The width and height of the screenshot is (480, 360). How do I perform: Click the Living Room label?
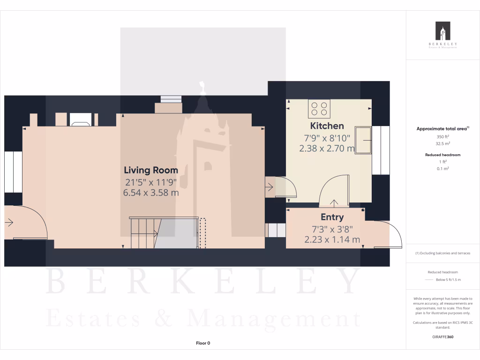click(x=150, y=170)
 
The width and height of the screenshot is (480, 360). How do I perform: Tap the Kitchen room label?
click(x=327, y=126)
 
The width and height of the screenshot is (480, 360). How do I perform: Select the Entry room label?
click(x=332, y=217)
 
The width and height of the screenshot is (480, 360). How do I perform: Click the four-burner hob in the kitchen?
click(x=319, y=109)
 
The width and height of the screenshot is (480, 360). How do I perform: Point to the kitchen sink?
click(x=364, y=140)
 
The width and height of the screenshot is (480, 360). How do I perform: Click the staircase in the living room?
click(x=144, y=232)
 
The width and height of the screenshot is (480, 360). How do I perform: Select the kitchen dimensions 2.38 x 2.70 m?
click(x=327, y=149)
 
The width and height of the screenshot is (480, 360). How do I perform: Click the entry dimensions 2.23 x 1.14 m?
click(x=332, y=240)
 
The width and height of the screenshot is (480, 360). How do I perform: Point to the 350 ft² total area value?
click(x=443, y=136)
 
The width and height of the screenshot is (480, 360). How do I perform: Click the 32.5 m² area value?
click(x=443, y=144)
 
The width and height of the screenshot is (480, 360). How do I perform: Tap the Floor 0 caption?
click(x=203, y=343)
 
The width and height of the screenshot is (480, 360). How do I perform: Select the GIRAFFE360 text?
click(x=443, y=337)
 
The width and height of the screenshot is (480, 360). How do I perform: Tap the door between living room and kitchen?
click(x=280, y=187)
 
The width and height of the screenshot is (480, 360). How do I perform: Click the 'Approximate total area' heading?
click(x=442, y=128)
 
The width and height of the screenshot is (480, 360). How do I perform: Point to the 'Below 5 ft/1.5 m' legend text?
click(x=448, y=279)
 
